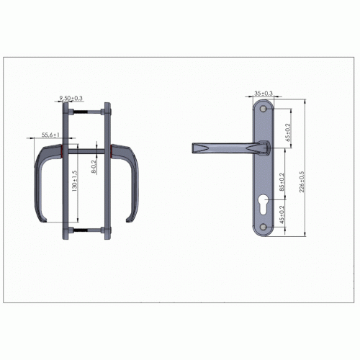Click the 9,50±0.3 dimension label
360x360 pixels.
click(71, 98)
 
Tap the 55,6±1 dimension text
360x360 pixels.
click(50, 135)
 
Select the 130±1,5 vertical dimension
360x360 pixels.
click(75, 181)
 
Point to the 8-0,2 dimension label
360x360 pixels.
click(94, 166)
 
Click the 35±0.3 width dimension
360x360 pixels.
click(264, 93)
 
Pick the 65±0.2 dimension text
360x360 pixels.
click(288, 132)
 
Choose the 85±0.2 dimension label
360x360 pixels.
click(282, 181)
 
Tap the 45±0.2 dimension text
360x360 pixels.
click(282, 215)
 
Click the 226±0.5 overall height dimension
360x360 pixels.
click(302, 181)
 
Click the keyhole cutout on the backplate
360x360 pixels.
click(264, 204)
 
